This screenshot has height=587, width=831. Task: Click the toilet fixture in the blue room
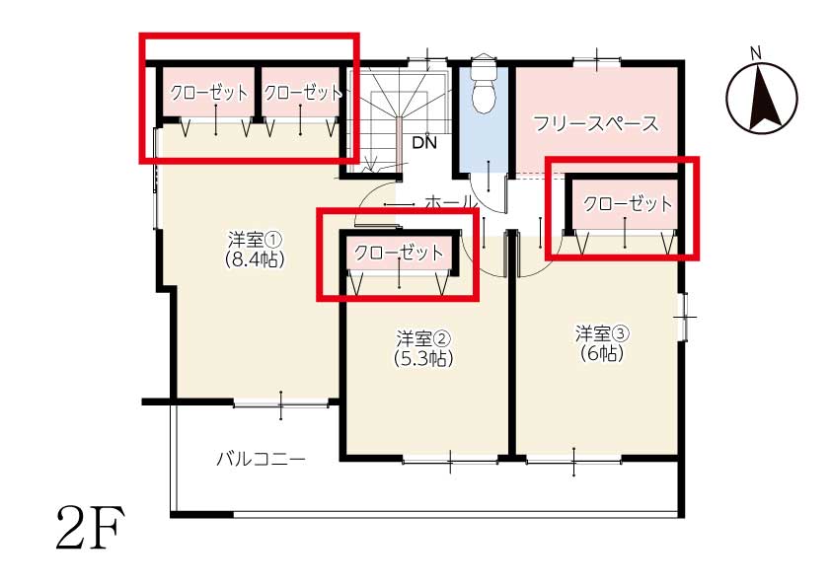tap(484, 84)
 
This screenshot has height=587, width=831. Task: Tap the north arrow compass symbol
tap(762, 98)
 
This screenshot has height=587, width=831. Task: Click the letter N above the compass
tap(756, 53)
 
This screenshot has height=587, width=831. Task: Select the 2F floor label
tap(91, 527)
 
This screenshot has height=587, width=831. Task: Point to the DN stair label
tap(424, 142)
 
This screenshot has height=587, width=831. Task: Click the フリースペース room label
tap(596, 123)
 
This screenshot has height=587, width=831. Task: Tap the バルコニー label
tap(261, 459)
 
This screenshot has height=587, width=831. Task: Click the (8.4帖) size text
tap(255, 259)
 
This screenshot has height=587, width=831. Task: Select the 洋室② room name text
tap(423, 338)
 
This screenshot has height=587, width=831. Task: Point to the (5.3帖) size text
tap(423, 359)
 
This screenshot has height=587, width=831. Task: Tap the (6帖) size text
tap(603, 353)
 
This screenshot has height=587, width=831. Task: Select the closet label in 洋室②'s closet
tap(399, 253)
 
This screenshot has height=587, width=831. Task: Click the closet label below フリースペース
tap(628, 204)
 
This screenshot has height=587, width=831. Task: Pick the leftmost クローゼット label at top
tap(209, 94)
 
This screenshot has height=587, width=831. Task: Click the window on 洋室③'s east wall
tap(684, 317)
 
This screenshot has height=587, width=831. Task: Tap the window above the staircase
tap(427, 60)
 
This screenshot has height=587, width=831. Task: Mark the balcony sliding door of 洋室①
tap(281, 404)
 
